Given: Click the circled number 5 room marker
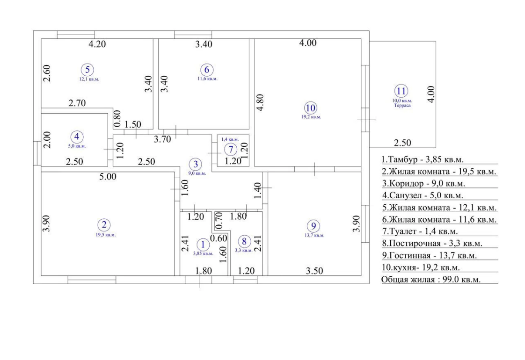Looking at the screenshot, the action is pos(87,70).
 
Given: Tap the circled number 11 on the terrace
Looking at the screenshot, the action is pos(401,91).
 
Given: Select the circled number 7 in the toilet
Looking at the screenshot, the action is pos(231,149).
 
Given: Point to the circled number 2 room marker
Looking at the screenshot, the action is pos(104,225).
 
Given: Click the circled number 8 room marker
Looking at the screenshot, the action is pos(244,241).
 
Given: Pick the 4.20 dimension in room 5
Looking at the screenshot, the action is pos(97,44).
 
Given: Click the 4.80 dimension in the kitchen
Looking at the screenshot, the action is pos(260,102).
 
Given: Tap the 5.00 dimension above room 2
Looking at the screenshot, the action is pos(108,177).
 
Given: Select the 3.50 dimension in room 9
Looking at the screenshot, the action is pos(314,271).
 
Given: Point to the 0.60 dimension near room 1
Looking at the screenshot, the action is pos(219,238).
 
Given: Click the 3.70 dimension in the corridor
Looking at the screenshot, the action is pos(162,139).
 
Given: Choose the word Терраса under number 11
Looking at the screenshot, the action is pos(402,105).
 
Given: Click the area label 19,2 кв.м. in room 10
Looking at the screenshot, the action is pos(311,117).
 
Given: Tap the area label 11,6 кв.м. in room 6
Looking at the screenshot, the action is pos(208,79).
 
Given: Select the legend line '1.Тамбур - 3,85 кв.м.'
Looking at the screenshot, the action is pos(423,159).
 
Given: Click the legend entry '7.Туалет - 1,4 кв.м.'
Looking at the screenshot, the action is pos(420,231).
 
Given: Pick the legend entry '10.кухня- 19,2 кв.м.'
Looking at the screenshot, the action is pos(421,267).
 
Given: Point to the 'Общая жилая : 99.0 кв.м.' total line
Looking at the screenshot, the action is pos(431,280).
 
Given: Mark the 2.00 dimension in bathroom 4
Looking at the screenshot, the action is pos(47,140).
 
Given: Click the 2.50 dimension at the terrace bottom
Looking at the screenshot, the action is pos(402,143).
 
